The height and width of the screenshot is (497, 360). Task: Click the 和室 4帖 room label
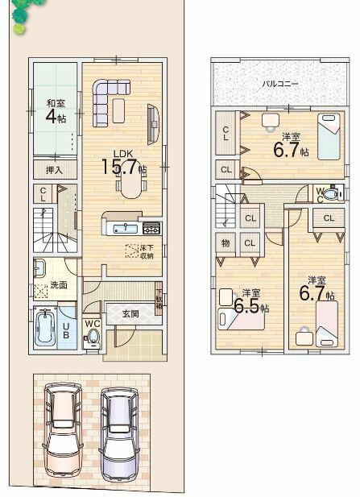tap(55, 110)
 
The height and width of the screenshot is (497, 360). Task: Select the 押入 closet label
tap(54, 170)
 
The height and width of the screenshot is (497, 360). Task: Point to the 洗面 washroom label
tap(58, 284)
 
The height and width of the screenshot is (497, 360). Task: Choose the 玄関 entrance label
tap(131, 314)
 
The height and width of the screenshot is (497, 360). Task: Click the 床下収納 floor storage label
tap(146, 251)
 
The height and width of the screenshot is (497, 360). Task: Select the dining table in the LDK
tap(130, 185)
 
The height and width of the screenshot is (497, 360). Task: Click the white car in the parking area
tap(62, 429)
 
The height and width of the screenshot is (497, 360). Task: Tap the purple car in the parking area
tap(118, 430)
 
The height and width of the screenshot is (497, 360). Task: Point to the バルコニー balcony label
tap(279, 83)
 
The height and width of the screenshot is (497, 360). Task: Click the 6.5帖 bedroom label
tap(250, 301)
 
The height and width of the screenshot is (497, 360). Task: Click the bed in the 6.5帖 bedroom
tap(243, 317)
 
